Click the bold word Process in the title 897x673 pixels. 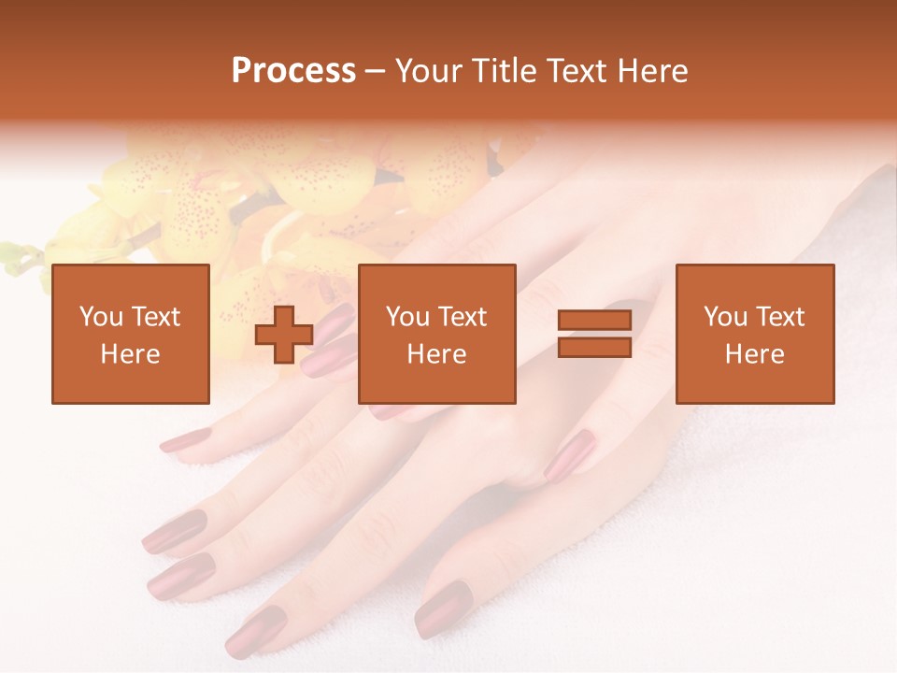pos(293,71)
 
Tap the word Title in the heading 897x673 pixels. pos(502,71)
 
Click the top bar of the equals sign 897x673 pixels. pos(594,321)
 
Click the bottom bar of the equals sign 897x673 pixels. pos(594,348)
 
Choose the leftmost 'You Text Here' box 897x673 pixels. pos(130,334)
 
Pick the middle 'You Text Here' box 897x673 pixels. pos(436,334)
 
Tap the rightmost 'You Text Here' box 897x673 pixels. pos(754,334)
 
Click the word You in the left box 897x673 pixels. pos(101,317)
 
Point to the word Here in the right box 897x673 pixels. pos(754,354)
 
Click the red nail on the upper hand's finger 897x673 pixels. pos(569,455)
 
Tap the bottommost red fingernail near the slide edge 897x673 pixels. pos(254,632)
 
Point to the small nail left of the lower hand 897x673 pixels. pos(185,439)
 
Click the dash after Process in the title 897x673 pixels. pos(375,71)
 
